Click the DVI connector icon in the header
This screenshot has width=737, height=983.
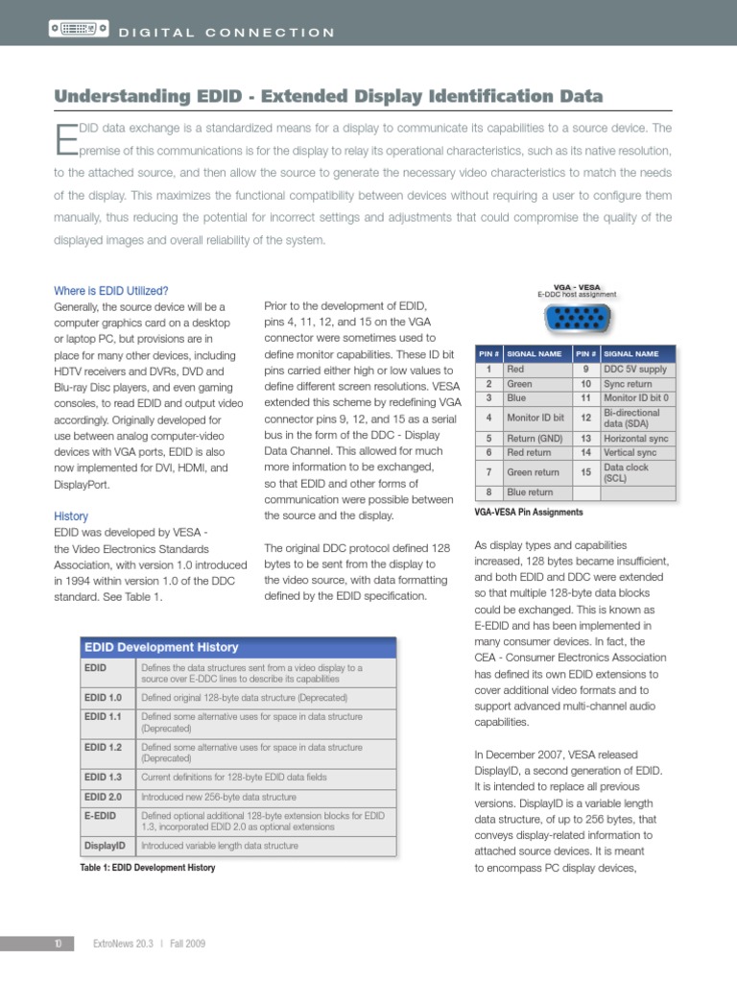click(77, 32)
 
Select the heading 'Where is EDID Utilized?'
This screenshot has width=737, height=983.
click(111, 290)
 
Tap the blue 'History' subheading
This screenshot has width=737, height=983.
click(71, 515)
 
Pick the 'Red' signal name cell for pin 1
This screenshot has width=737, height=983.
click(535, 369)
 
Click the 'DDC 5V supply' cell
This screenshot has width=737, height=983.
click(637, 369)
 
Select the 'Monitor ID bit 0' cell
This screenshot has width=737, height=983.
click(637, 397)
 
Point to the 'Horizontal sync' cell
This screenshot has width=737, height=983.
click(637, 438)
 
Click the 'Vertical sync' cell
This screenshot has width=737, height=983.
click(637, 452)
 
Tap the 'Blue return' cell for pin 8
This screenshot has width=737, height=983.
click(535, 492)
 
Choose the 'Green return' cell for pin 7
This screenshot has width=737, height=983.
click(535, 472)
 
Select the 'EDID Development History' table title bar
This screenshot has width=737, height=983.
click(237, 647)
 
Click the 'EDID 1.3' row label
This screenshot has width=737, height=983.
click(103, 778)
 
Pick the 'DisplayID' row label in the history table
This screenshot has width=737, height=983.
click(106, 846)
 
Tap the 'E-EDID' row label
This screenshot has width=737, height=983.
click(101, 816)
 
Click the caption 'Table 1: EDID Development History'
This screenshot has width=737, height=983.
click(148, 868)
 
